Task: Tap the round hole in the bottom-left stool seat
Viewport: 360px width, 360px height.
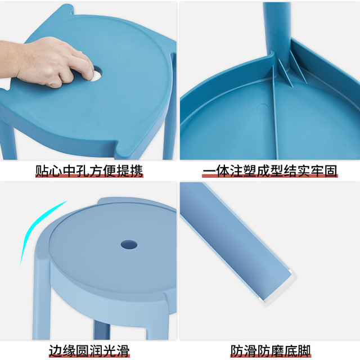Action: tap(129, 245)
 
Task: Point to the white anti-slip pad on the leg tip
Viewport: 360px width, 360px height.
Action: tap(277, 289)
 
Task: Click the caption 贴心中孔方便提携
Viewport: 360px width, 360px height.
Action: tap(89, 171)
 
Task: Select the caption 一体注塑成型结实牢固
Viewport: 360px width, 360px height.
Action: tap(270, 171)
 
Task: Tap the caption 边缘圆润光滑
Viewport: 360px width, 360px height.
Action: tap(89, 350)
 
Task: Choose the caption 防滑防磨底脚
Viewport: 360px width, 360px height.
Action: tap(271, 350)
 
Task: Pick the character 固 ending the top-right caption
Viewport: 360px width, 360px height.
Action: tap(331, 171)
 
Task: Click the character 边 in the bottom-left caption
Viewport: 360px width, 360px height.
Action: tap(55, 350)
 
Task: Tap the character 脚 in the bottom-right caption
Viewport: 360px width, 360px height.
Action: tap(304, 350)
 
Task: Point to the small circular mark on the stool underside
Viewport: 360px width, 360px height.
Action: tap(263, 109)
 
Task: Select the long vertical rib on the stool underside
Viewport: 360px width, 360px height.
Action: tap(275, 112)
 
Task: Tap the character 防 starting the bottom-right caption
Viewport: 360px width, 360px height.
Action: tap(237, 350)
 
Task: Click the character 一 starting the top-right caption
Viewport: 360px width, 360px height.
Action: tap(209, 171)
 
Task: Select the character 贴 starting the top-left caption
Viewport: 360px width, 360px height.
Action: tap(42, 171)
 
